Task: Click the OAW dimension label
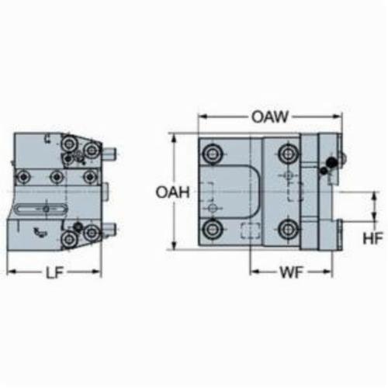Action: click(270, 117)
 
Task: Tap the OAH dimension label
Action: click(172, 192)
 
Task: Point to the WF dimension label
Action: click(291, 272)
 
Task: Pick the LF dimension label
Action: click(54, 272)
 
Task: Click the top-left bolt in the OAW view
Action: click(213, 154)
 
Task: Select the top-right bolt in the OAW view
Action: click(289, 154)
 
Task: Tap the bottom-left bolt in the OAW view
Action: click(213, 229)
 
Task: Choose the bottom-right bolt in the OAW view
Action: click(289, 229)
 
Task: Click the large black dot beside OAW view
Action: click(331, 162)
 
